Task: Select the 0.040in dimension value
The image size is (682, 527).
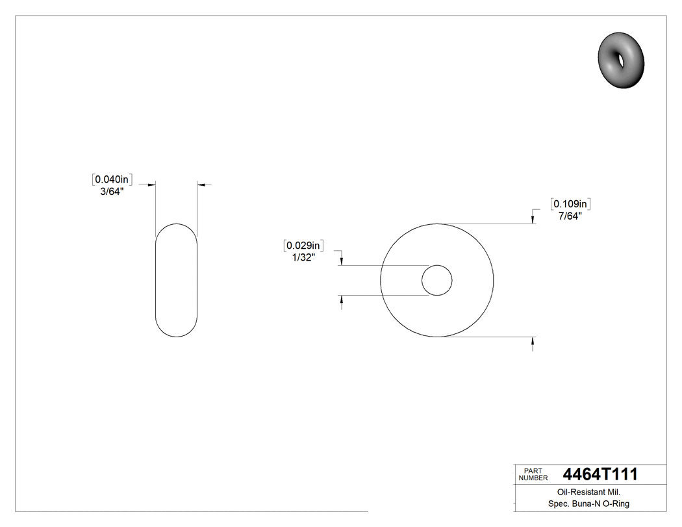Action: click(114, 179)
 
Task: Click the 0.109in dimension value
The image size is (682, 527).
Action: click(570, 204)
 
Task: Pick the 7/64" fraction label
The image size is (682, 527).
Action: click(570, 216)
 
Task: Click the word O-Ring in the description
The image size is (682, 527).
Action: click(616, 504)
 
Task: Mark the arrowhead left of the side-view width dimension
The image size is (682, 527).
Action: click(151, 185)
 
